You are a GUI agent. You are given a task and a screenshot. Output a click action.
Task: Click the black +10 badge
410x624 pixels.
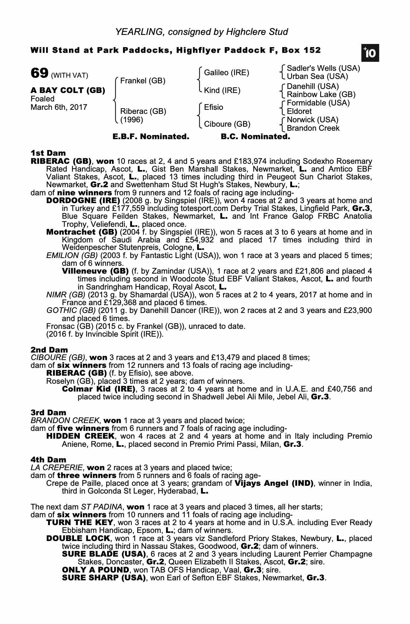click(370, 53)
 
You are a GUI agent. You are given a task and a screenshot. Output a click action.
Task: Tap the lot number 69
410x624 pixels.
click(39, 74)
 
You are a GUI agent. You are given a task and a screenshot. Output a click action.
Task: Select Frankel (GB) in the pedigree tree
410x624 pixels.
click(143, 81)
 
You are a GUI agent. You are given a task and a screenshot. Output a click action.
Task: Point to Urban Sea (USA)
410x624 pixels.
click(317, 76)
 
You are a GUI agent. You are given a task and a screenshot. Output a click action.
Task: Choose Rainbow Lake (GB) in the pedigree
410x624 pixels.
click(321, 95)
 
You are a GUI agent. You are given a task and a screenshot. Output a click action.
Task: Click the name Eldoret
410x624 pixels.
click(299, 111)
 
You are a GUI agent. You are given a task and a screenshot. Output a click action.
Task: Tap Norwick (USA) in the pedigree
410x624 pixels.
click(312, 120)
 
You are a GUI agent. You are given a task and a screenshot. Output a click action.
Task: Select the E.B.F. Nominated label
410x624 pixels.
click(151, 137)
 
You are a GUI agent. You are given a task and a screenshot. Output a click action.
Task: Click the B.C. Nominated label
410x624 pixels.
click(255, 137)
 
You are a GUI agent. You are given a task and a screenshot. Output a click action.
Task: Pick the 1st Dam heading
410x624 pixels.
click(48, 153)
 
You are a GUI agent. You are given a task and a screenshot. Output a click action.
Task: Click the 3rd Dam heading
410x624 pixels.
click(48, 413)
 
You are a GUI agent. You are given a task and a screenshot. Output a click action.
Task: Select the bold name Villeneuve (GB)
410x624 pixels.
click(95, 271)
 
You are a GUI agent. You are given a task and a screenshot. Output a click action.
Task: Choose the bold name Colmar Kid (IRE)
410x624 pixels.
click(99, 389)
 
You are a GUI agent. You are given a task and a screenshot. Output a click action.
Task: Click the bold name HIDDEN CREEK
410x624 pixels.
click(80, 436)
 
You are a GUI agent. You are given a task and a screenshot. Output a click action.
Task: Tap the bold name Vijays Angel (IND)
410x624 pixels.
click(274, 483)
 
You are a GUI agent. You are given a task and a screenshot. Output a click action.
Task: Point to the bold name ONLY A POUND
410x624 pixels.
click(95, 570)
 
